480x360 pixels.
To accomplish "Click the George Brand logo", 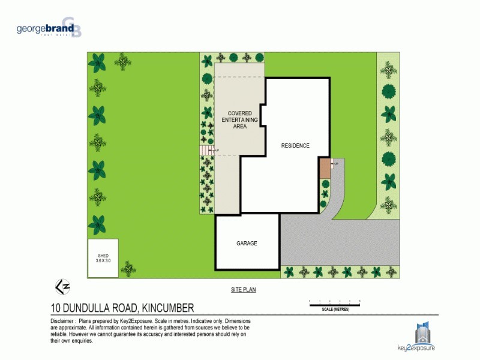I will (x=49, y=28).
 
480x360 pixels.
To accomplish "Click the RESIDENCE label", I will (x=295, y=145).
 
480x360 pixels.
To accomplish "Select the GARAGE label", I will (x=247, y=243).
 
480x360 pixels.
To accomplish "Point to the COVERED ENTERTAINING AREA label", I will (x=239, y=120).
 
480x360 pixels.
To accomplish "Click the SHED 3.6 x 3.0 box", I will (x=103, y=258).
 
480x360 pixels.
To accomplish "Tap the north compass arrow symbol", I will (x=62, y=286).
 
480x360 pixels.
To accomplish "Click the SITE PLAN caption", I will (x=244, y=290).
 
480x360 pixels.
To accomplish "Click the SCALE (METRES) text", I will (x=335, y=310).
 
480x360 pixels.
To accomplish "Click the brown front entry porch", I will (x=325, y=168).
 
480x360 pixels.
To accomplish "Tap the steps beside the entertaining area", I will (x=207, y=150).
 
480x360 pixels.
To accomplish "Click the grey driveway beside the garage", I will (x=336, y=240).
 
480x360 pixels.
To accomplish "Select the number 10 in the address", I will (x=56, y=308).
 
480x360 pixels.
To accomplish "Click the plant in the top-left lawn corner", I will (x=97, y=62).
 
